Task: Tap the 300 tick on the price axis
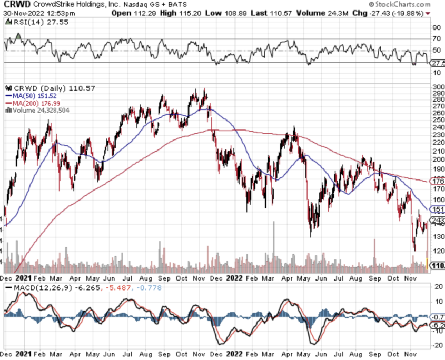pos(437,87)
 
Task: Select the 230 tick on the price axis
pos(437,135)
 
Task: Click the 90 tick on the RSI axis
pos(436,27)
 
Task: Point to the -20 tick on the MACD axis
pos(437,345)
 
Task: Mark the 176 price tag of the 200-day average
pos(438,181)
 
